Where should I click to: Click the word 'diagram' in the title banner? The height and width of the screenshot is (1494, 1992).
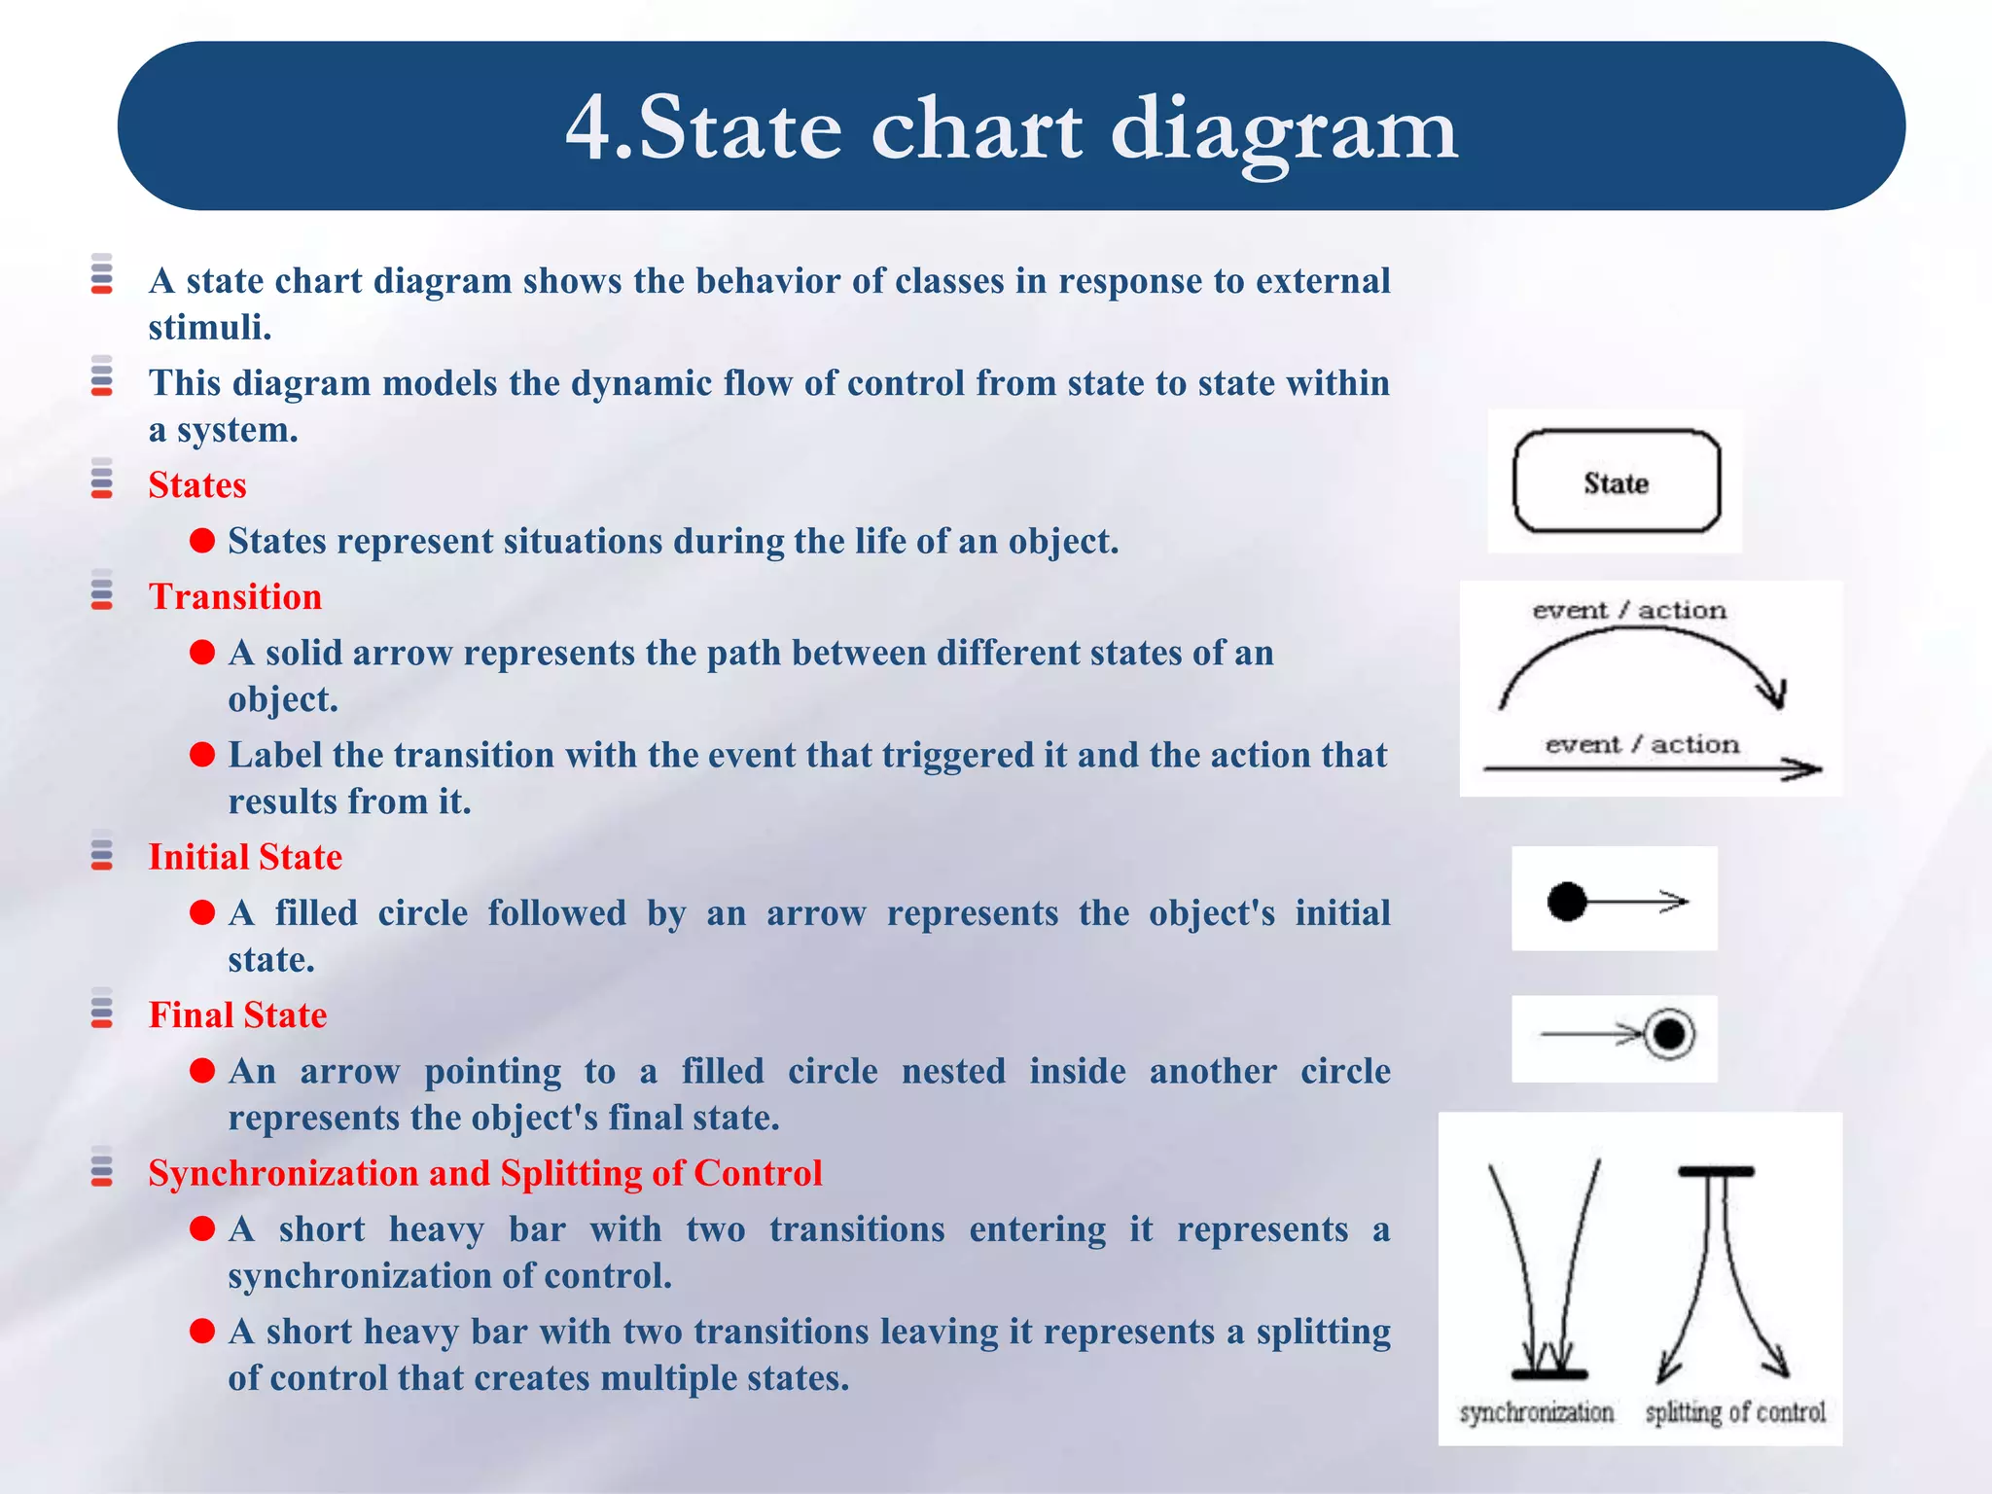1283,129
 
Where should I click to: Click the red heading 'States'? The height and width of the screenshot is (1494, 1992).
197,485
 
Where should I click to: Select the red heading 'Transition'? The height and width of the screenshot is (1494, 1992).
234,597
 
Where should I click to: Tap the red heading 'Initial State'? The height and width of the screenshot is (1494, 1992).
245,857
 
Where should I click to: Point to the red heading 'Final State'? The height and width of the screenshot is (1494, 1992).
237,1015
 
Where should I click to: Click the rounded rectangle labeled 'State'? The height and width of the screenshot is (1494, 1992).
1616,482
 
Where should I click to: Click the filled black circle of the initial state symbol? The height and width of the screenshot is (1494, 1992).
1567,902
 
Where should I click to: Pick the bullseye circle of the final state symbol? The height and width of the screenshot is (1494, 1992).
1669,1035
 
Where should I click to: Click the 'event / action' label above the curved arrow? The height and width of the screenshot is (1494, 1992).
1629,611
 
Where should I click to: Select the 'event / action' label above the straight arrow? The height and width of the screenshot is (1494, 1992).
1642,745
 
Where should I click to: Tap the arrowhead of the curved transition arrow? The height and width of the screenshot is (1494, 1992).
1776,694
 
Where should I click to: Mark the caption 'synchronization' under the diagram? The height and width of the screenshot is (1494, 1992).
1536,1412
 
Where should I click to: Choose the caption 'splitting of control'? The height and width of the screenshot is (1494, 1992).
1735,1412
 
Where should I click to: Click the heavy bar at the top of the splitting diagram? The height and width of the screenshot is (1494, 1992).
1716,1172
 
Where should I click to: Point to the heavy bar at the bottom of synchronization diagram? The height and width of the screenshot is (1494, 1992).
1549,1374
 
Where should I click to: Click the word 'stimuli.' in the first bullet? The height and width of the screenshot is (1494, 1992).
209,328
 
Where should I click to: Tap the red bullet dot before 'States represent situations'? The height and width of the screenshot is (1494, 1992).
202,541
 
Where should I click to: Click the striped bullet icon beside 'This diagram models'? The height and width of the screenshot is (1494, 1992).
102,376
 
